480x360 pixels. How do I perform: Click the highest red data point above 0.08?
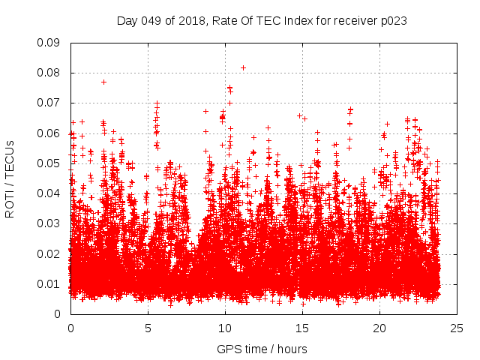coord(243,67)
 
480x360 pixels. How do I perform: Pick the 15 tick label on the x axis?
coord(302,328)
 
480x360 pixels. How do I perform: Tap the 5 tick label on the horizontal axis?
coord(148,328)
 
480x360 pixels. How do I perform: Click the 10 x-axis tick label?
coord(225,328)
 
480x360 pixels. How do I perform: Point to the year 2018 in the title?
coord(193,21)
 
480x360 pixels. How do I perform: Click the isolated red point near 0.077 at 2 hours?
coord(103,82)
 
